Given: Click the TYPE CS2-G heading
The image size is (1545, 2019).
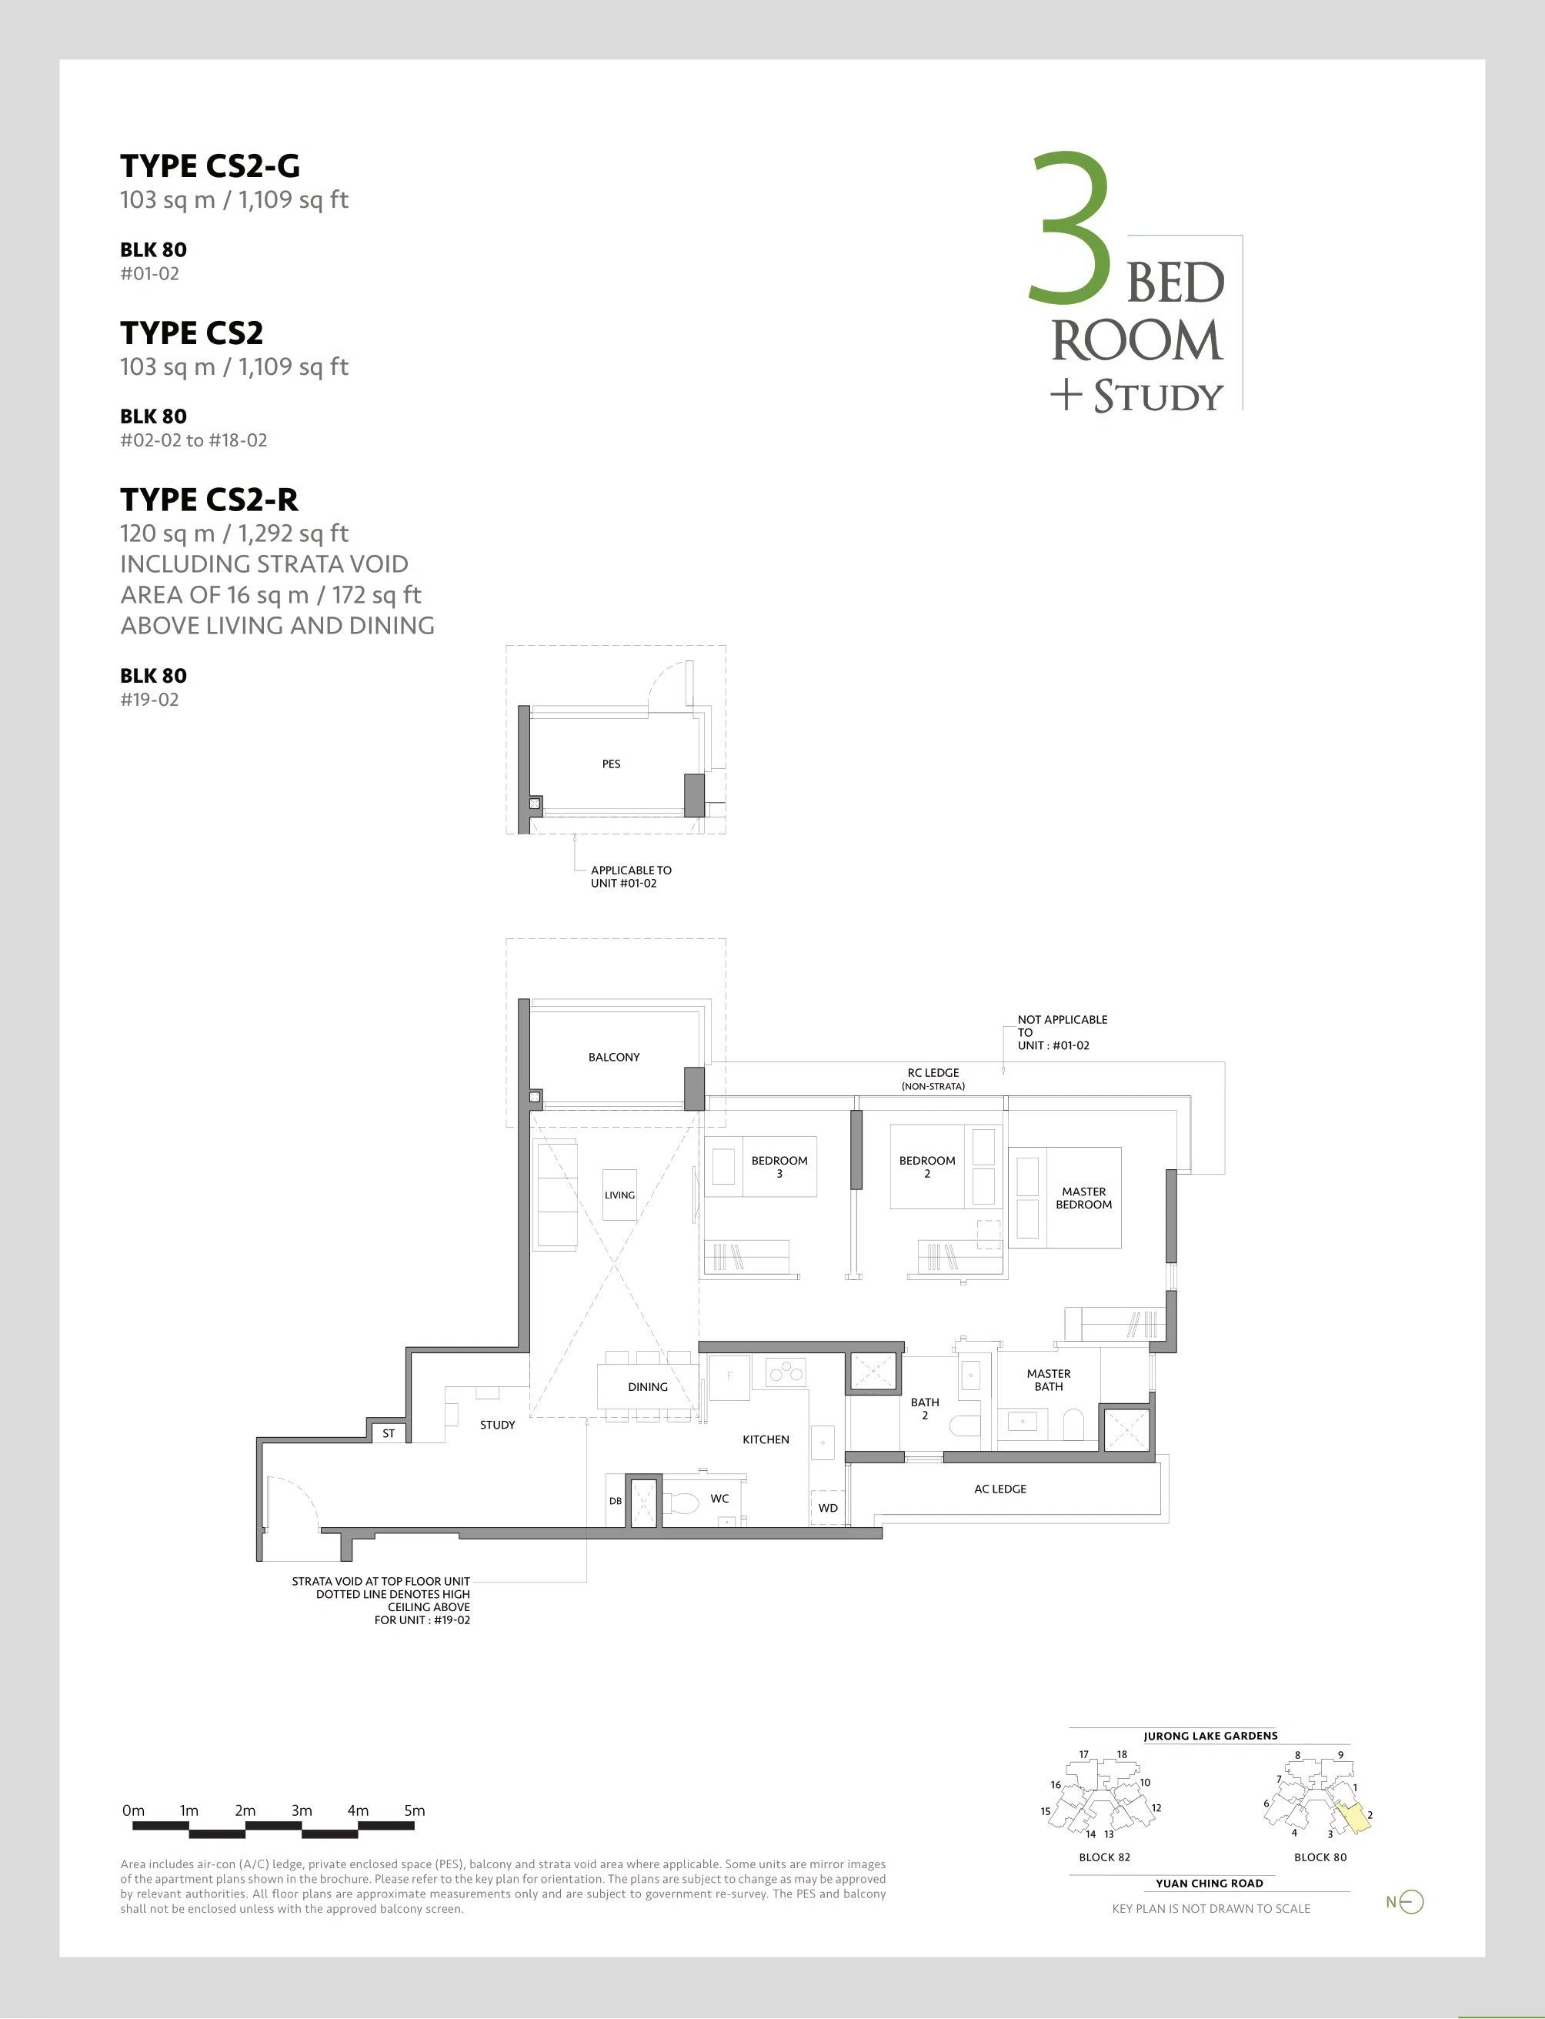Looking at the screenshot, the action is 210,166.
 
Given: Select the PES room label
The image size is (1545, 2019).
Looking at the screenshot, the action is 611,764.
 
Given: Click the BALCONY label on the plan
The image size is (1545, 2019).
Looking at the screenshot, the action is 613,1057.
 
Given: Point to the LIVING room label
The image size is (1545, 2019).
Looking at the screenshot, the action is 619,1195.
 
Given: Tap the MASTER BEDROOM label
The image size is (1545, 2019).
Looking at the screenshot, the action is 1083,1198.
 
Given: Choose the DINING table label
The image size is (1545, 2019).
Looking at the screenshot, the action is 647,1386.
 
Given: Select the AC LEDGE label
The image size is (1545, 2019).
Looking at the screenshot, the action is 999,1488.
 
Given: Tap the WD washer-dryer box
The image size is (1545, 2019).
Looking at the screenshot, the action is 828,1508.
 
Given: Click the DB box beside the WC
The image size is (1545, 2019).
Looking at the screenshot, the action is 616,1501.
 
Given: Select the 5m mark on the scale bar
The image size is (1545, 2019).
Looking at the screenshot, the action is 414,1810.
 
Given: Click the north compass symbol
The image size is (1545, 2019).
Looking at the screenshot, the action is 1410,1902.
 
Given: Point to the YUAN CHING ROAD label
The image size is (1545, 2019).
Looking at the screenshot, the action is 1210,1883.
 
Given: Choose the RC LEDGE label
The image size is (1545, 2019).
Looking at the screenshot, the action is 933,1072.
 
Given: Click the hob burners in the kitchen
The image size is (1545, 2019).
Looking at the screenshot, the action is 786,1373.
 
